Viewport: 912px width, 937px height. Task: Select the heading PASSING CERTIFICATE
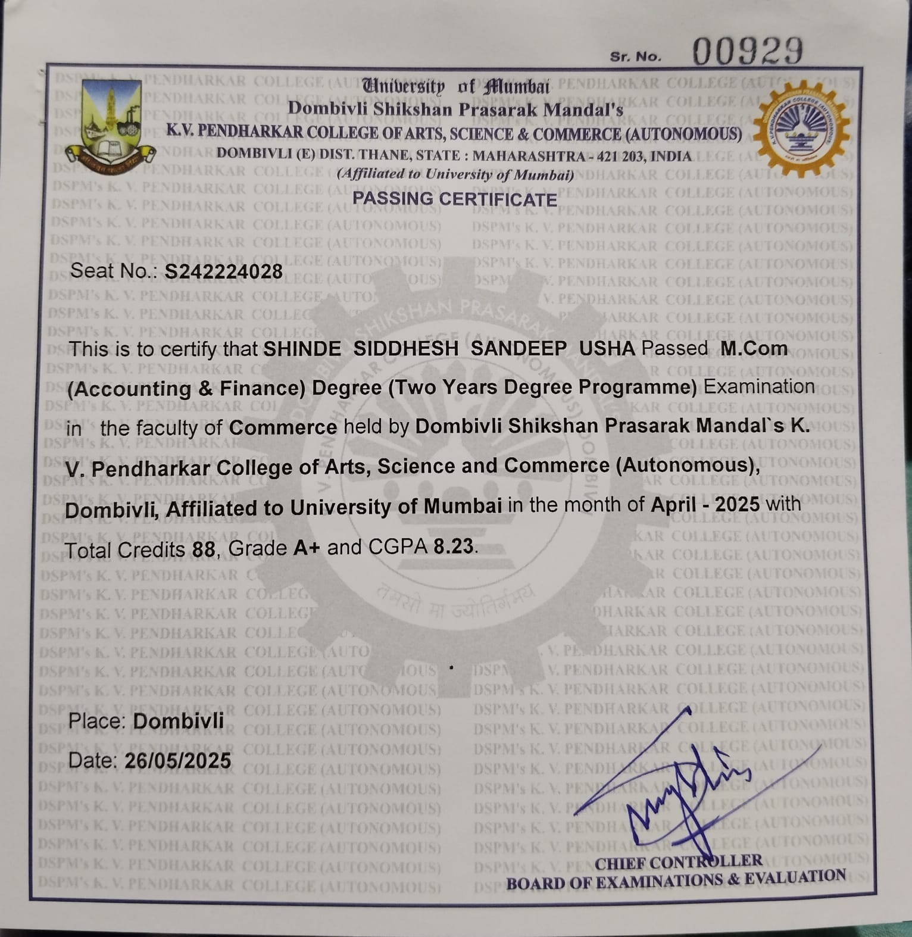(455, 199)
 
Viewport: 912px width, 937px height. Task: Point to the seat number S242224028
(224, 271)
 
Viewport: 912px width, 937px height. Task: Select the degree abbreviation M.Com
(754, 348)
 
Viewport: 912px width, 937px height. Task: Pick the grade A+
(307, 547)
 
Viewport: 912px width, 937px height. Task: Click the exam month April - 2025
(705, 505)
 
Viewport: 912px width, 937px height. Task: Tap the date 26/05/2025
(177, 760)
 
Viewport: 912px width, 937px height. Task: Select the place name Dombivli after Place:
(179, 721)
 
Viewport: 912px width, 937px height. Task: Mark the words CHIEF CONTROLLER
(679, 862)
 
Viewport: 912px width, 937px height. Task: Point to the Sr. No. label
(635, 57)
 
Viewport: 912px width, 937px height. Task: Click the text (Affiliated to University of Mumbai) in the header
(455, 174)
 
